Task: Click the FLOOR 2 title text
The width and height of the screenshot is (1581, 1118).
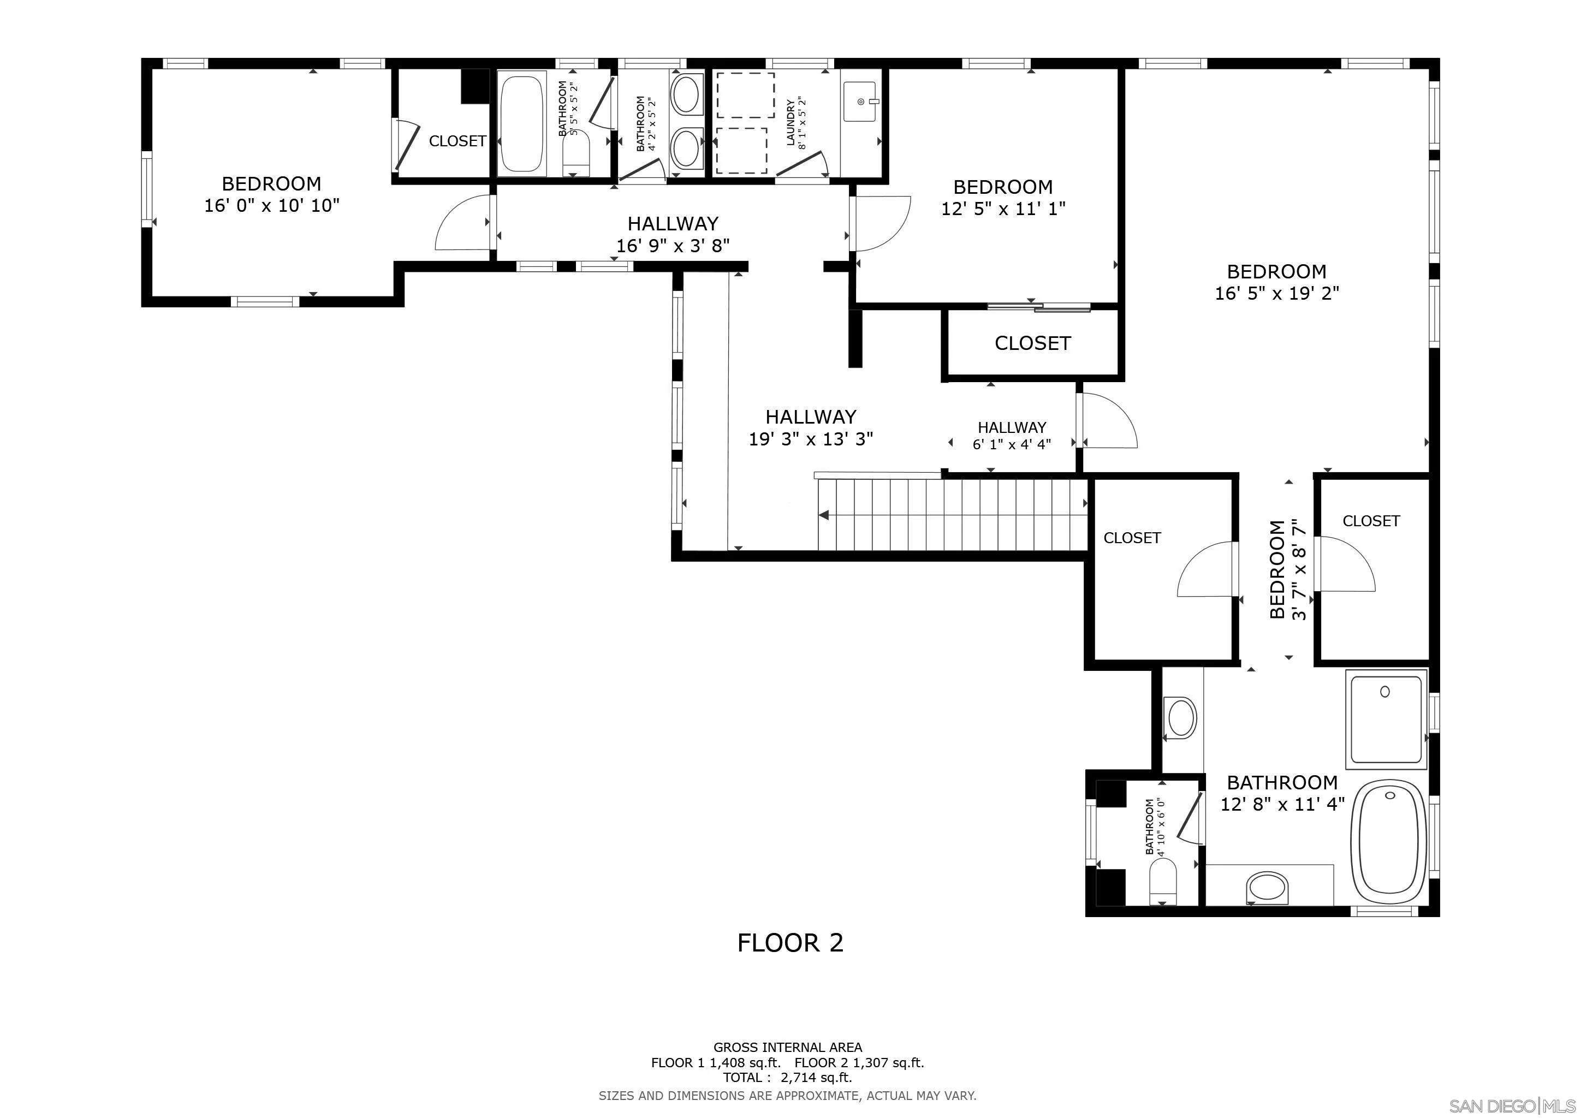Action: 790,942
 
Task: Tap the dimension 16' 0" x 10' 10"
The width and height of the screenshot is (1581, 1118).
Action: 272,206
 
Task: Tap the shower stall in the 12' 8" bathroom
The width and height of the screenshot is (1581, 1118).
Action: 1386,719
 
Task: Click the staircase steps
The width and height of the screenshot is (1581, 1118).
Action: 950,515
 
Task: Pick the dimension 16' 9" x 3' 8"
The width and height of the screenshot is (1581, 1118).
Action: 673,246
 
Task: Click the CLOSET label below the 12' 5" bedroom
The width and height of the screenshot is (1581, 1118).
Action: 1032,343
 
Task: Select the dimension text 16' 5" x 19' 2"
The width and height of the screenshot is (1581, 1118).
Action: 1276,293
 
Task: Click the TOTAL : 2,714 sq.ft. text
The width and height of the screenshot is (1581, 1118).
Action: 787,1078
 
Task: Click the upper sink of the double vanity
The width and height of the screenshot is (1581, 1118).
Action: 685,96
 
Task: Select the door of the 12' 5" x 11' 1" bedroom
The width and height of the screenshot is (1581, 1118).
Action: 881,224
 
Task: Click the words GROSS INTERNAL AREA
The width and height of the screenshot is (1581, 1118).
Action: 787,1047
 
